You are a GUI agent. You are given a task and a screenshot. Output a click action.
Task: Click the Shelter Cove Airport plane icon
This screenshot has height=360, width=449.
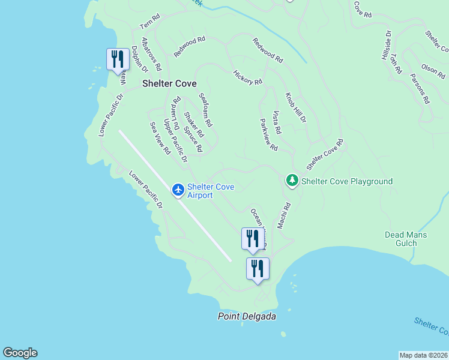coord(178,190)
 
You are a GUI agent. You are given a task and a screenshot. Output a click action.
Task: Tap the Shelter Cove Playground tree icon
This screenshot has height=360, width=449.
coord(292,180)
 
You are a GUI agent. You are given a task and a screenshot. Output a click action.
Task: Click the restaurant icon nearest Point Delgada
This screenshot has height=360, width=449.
coord(258,268)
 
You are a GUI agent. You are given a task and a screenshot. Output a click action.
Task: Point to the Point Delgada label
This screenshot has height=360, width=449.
coord(247,316)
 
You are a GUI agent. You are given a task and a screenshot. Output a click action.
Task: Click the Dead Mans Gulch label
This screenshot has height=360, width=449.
coord(406,239)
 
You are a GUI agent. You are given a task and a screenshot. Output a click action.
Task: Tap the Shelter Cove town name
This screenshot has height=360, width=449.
coord(169,84)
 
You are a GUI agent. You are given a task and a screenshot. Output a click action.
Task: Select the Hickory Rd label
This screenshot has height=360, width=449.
coord(248,77)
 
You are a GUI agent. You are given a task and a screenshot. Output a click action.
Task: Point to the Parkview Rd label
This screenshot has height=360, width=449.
coord(268,134)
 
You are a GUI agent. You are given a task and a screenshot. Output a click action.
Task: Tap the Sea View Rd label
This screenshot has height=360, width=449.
coord(160,138)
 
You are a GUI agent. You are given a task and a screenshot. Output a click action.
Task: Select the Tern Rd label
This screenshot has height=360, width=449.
coord(151,22)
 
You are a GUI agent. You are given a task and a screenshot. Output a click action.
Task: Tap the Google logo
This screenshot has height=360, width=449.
coord(20,353)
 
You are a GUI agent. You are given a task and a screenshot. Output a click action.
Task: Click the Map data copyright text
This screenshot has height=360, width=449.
coord(423,355)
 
